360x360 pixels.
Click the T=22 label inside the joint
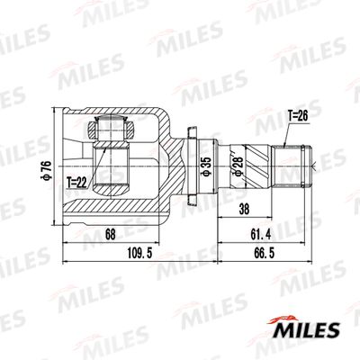(x=78, y=182)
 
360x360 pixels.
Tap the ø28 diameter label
(x=235, y=166)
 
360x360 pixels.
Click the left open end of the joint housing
(x=67, y=166)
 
